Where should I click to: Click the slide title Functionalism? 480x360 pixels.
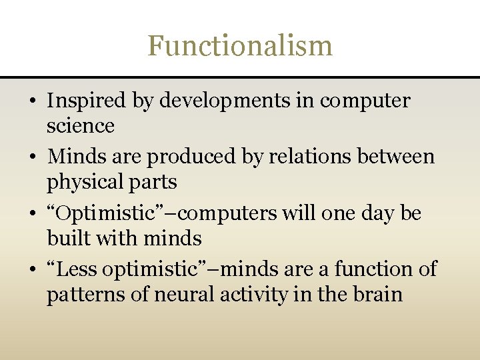tap(240, 46)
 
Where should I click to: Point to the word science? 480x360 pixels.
tap(80, 125)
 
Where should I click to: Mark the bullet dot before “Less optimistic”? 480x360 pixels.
tap(32, 271)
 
